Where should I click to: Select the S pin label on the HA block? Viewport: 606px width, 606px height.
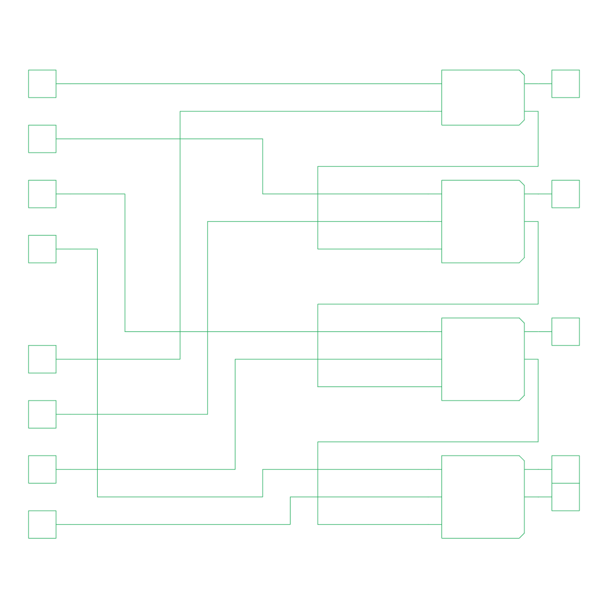coord(520,83)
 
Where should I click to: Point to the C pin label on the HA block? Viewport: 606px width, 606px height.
coord(520,111)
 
